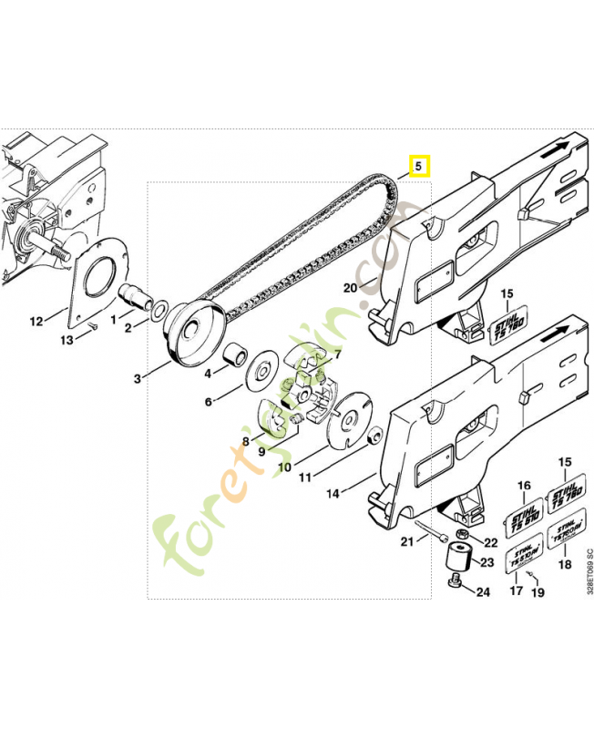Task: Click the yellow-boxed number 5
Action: pos(418,167)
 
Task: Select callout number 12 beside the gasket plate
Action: pos(36,321)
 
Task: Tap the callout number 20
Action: pos(349,287)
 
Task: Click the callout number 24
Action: pos(483,592)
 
